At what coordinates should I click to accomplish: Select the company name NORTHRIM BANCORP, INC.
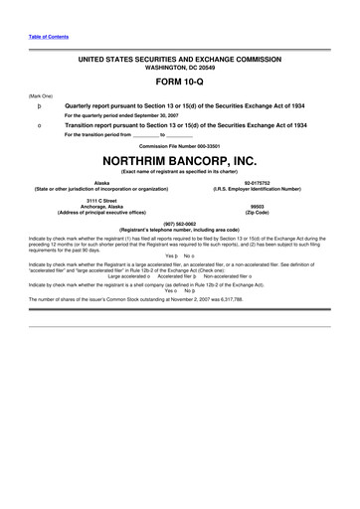pyautogui.click(x=180, y=159)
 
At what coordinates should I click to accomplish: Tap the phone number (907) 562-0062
pyautogui.click(x=180, y=224)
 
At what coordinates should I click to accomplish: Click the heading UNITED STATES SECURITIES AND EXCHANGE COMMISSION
pyautogui.click(x=180, y=60)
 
